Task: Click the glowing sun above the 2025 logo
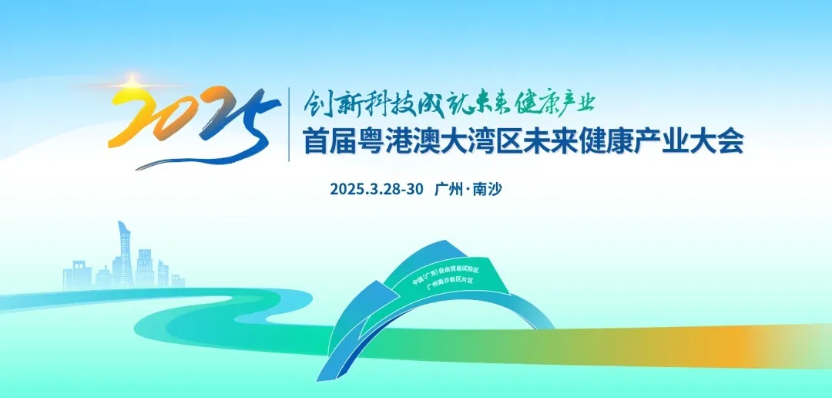click(131, 83)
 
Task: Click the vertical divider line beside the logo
click(289, 124)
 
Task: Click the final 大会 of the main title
click(722, 143)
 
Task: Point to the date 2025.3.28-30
click(376, 189)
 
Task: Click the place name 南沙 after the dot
click(488, 189)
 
